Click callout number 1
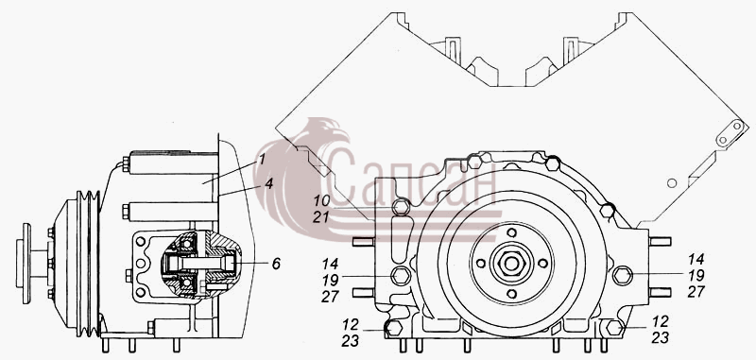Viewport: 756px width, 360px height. [262, 160]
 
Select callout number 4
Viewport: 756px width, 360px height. [268, 183]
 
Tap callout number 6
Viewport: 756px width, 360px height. [276, 264]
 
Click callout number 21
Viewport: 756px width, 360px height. [320, 217]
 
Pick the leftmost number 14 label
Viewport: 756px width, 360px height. [330, 264]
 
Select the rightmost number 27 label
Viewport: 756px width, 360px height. [696, 292]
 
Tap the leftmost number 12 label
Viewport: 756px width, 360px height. [351, 323]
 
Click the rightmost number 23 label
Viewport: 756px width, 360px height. [660, 339]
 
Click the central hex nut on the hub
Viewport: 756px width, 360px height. [511, 263]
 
